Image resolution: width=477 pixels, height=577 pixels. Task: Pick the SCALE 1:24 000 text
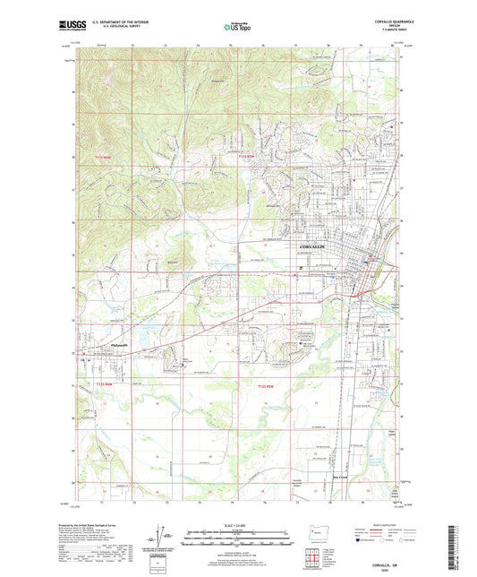click(x=237, y=527)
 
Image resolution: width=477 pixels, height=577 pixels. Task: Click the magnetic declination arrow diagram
click(x=167, y=539)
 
